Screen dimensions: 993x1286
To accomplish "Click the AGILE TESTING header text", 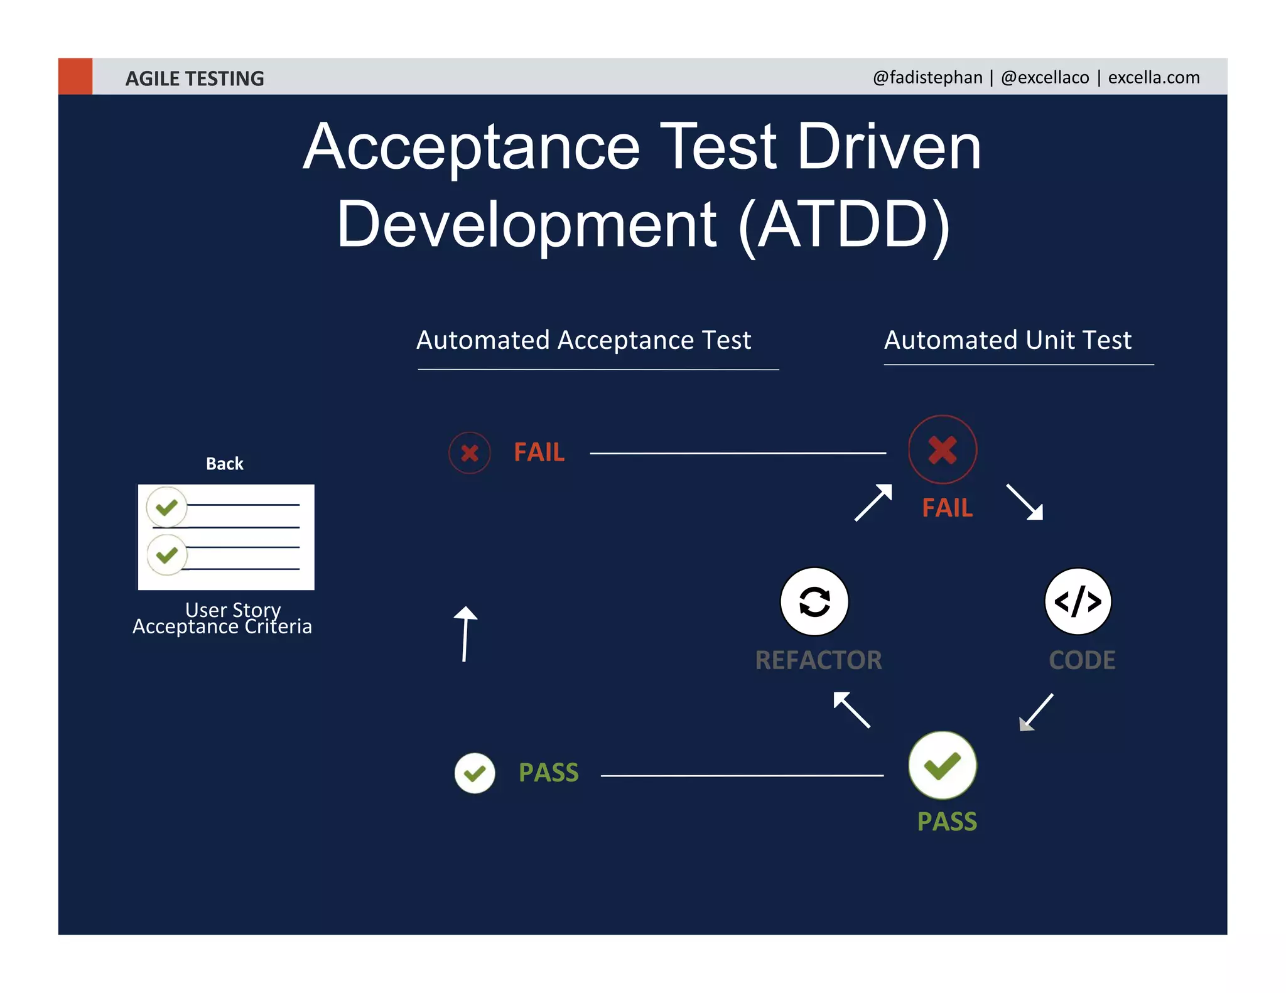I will [x=195, y=78].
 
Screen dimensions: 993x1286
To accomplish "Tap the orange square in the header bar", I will [x=75, y=77].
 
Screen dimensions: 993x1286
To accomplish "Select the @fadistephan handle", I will [x=927, y=77].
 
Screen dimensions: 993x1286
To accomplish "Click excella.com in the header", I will [x=1154, y=77].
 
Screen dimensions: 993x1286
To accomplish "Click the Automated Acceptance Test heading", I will [x=583, y=340].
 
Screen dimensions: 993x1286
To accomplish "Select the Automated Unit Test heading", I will [x=1007, y=340].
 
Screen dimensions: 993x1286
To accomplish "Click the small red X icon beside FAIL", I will [x=470, y=453].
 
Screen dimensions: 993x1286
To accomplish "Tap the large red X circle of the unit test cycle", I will [x=942, y=449].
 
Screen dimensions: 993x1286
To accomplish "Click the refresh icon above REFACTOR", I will [x=814, y=601].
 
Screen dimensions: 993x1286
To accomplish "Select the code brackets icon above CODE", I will [x=1078, y=601].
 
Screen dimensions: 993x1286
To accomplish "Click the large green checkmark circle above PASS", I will [x=942, y=765].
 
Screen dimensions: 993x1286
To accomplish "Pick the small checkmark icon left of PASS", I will [x=475, y=773].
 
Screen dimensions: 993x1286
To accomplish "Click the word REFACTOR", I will [x=818, y=660].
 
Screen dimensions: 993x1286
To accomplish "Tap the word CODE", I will [x=1082, y=660].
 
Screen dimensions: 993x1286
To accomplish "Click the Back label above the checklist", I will [x=224, y=464].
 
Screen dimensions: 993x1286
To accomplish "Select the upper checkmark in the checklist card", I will [x=166, y=507].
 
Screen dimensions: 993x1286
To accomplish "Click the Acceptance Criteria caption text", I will [x=222, y=627].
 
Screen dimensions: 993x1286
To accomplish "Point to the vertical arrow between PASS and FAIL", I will [x=465, y=634].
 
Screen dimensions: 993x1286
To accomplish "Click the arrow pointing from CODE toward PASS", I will [x=1035, y=712].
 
